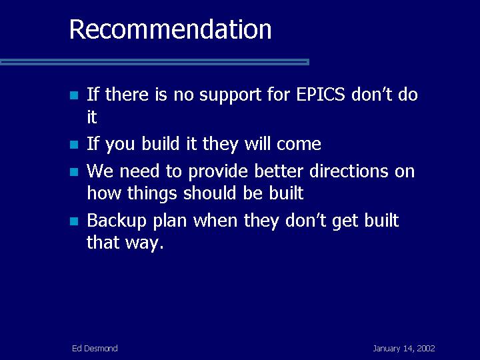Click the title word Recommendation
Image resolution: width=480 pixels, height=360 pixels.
tap(170, 29)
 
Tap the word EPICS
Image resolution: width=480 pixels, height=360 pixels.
tap(321, 94)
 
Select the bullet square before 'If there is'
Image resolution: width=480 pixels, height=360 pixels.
tap(74, 95)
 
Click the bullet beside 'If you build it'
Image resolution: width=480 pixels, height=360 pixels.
tap(74, 145)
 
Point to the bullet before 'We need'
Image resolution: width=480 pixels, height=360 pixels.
tap(74, 172)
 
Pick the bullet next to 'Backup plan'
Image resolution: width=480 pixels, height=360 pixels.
tap(74, 221)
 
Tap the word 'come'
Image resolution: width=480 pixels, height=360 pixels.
tap(299, 144)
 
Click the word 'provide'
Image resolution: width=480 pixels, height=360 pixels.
tap(217, 172)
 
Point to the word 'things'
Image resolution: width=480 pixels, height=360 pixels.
tap(152, 194)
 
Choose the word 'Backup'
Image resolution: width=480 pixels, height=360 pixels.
tap(117, 221)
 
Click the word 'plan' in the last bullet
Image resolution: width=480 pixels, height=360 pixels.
tap(170, 221)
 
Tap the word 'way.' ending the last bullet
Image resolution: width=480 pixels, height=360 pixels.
tap(144, 243)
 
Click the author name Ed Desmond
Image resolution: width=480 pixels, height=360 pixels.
tap(95, 349)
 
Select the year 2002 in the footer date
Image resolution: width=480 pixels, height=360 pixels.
tap(426, 349)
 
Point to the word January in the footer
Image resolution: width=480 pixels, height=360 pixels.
tap(386, 349)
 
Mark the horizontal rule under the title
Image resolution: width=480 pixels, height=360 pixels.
tap(155, 62)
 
